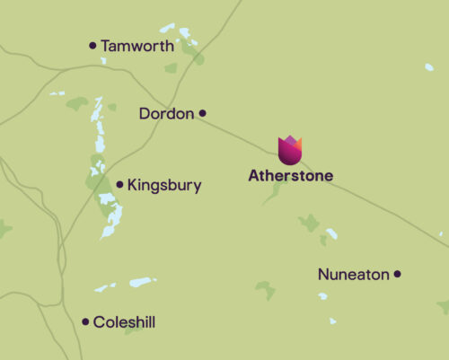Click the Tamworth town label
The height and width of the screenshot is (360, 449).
137,45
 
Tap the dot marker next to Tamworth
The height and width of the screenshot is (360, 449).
92,45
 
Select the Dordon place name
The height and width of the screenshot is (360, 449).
168,113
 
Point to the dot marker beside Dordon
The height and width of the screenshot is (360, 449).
203,113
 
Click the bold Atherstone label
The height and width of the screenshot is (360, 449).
290,176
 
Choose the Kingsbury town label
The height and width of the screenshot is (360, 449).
164,186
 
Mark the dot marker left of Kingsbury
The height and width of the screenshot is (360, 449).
119,185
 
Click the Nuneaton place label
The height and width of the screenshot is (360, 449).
354,274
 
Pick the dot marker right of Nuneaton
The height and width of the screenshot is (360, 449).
398,274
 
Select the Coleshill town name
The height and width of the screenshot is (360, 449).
130,321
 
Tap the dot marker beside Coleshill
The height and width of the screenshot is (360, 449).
86,321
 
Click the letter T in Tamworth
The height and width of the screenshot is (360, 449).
106,45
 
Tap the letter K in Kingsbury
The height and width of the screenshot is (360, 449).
133,186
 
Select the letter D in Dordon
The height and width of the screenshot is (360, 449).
145,113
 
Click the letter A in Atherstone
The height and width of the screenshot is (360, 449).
254,176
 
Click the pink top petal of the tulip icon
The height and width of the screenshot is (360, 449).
290,141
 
